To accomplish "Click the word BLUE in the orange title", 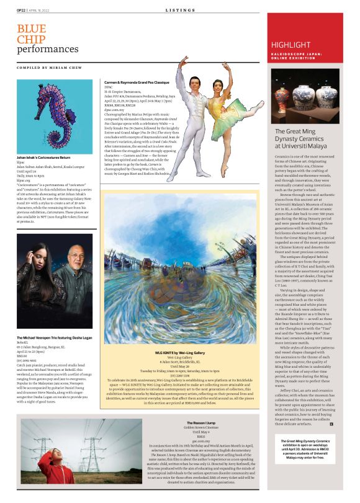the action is click(x=31, y=29).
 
